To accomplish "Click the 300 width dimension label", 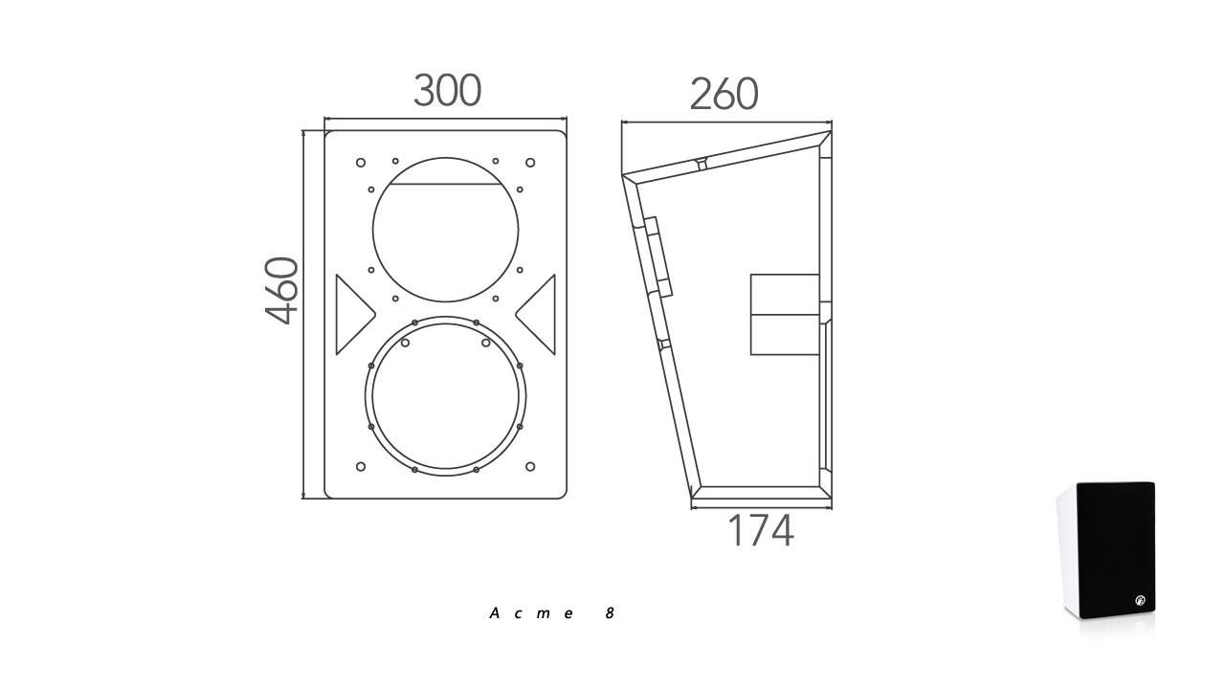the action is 447,90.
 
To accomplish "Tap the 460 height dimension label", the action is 281,290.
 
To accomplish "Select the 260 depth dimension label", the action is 724,94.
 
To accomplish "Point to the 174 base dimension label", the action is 761,530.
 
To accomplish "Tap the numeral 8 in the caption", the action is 610,613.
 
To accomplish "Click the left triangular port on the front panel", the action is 351,315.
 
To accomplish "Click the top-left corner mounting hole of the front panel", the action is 361,163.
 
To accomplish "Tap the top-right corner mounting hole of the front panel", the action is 530,163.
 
